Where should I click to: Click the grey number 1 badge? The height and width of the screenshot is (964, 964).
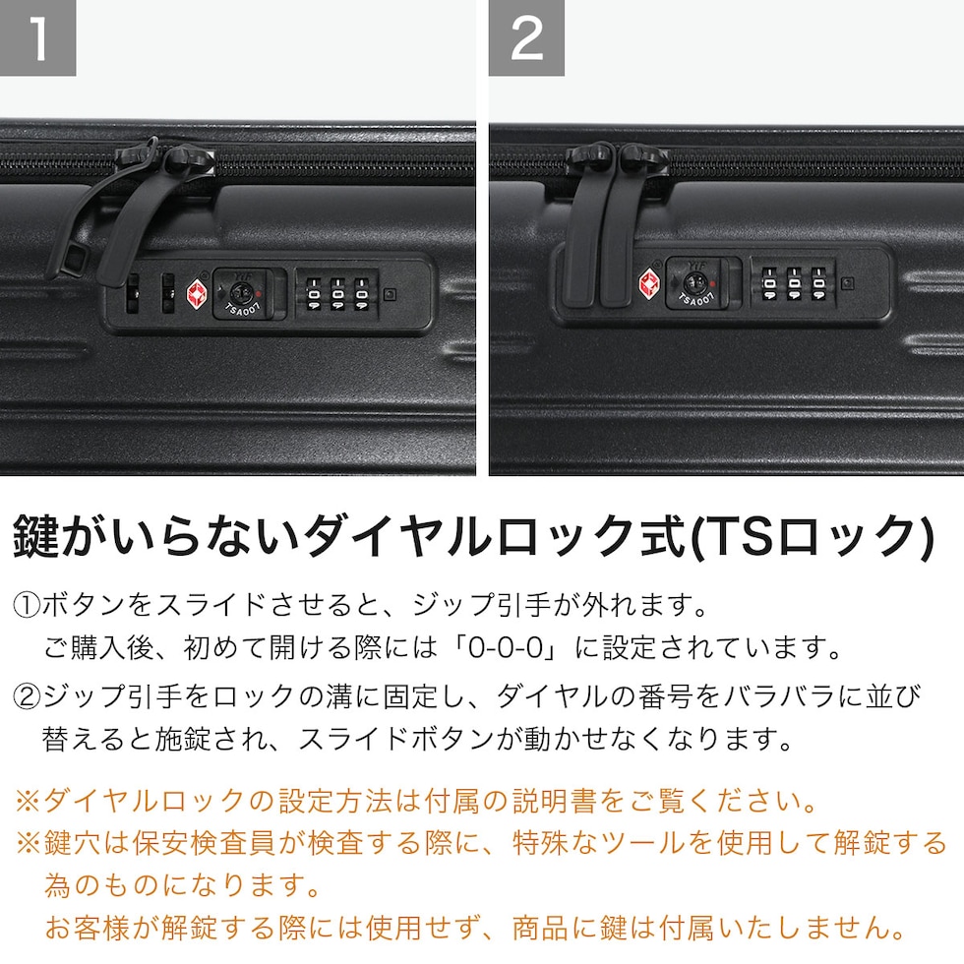[37, 37]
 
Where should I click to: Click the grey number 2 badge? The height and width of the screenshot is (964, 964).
[526, 37]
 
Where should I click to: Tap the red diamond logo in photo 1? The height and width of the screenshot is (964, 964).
[198, 294]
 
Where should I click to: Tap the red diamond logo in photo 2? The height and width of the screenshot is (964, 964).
[649, 283]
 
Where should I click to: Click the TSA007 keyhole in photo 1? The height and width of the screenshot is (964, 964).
[240, 293]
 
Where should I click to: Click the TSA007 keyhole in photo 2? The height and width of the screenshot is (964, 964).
[695, 283]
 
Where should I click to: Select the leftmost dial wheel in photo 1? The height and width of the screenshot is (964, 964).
[314, 294]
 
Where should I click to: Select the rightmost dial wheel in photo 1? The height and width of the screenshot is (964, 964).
[362, 294]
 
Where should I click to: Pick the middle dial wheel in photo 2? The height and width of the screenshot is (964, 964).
[794, 283]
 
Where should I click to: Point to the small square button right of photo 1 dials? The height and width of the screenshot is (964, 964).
[390, 294]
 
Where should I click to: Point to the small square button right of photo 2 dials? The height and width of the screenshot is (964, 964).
[847, 283]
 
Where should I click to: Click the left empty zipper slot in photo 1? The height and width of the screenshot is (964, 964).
[132, 293]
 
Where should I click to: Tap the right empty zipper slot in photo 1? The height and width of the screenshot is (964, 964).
[167, 293]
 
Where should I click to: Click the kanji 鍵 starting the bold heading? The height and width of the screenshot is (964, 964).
[36, 536]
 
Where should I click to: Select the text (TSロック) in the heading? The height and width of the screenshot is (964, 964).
[813, 537]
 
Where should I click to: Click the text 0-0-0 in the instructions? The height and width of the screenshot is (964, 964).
[506, 647]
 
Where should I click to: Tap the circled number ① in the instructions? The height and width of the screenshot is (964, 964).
[27, 606]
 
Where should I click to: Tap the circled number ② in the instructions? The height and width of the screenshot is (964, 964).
[27, 696]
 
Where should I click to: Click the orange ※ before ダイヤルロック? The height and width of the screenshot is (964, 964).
[29, 801]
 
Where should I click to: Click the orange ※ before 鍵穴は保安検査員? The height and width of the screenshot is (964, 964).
[29, 843]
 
